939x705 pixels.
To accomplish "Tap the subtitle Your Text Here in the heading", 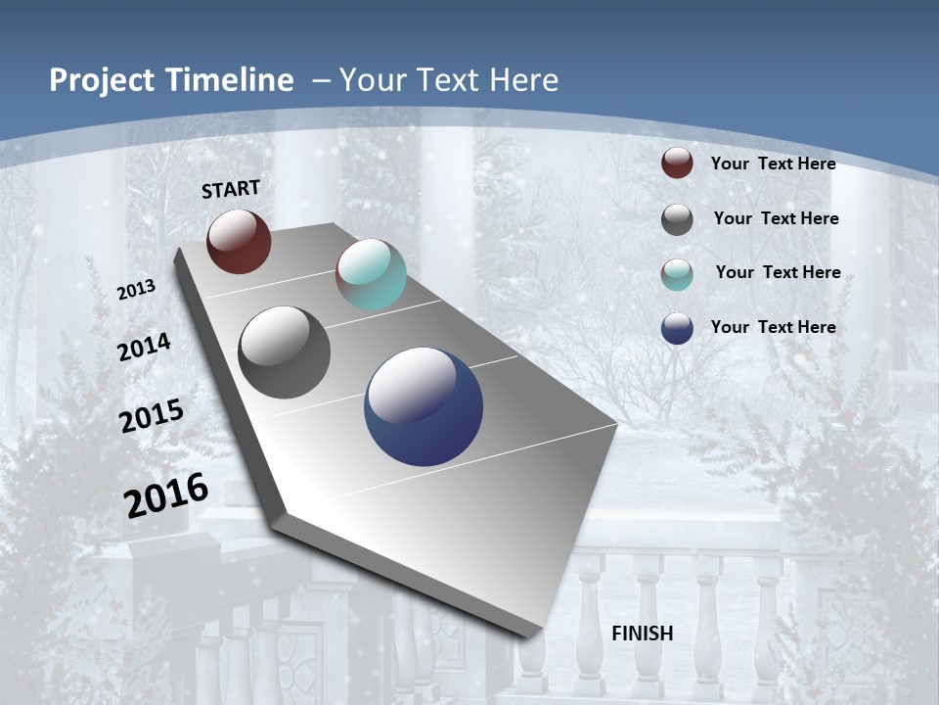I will [448, 80].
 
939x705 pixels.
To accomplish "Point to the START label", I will [231, 189].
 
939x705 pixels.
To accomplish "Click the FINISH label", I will [642, 634].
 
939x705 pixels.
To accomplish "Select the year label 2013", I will [136, 290].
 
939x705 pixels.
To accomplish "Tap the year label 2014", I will [144, 347].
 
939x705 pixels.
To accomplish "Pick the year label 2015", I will [152, 416].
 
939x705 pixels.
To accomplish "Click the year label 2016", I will [166, 495].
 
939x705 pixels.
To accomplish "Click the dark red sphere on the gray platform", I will [239, 241].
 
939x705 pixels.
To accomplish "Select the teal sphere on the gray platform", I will [371, 274].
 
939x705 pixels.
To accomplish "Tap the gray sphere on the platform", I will [285, 352].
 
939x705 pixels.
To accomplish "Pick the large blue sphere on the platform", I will [424, 406].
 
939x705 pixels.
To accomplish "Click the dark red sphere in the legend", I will [677, 164].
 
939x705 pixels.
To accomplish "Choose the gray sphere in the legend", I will [677, 219].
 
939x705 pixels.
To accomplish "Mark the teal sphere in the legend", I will [677, 274].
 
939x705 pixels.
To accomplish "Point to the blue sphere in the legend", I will [677, 328].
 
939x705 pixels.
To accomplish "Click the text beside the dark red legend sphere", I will [773, 164].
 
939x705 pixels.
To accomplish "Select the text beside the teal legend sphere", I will [778, 272].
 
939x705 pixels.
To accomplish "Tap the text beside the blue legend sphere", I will [773, 327].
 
